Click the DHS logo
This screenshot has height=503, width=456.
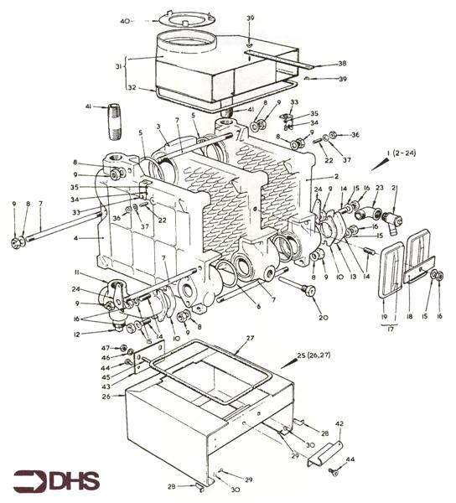[56, 481]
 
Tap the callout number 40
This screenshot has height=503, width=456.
[125, 21]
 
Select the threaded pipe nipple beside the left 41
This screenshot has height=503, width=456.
[115, 122]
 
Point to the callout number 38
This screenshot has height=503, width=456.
[342, 63]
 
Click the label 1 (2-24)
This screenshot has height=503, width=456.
[401, 153]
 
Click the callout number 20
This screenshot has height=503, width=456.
[323, 317]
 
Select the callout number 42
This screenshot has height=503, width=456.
[339, 423]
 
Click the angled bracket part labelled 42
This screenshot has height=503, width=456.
[325, 454]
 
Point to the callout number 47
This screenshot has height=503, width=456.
[106, 348]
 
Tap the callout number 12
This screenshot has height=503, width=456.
[76, 334]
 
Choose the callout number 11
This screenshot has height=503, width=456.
[76, 272]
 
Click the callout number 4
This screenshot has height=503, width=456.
[75, 238]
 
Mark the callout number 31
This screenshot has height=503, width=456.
[119, 66]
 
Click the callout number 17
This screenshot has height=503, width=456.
[391, 329]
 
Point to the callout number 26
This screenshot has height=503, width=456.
[106, 397]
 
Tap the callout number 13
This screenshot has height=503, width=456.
[353, 277]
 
